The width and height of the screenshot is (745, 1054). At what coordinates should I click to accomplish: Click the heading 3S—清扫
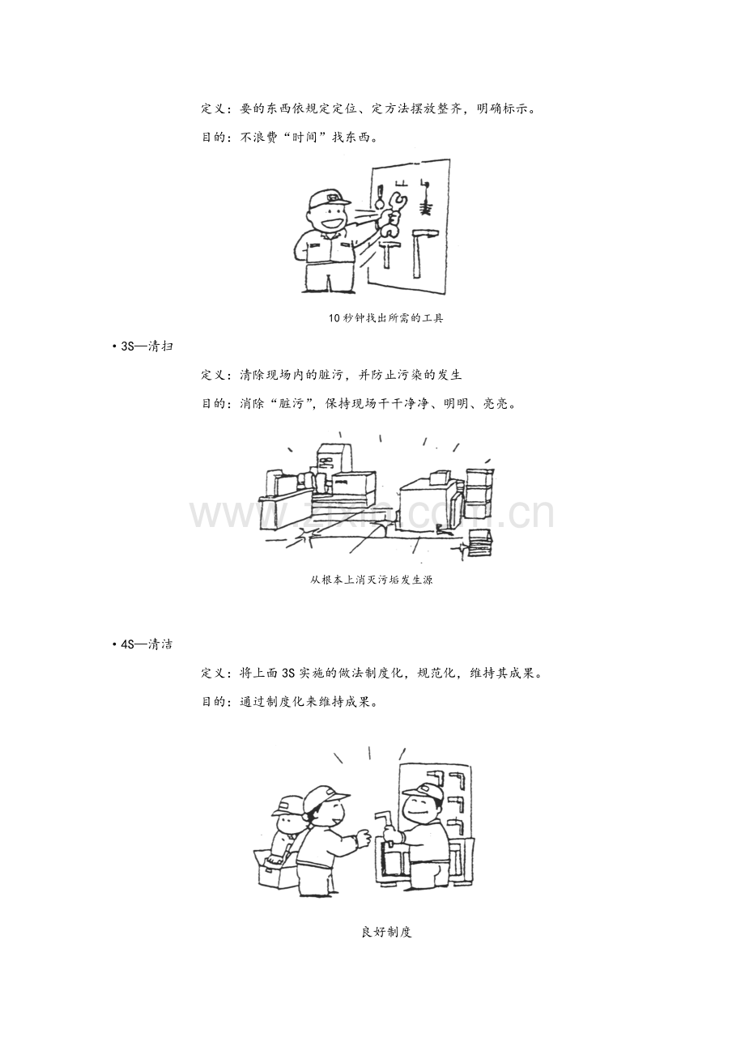coord(143,346)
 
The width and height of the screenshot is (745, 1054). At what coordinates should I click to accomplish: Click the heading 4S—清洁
coord(143,644)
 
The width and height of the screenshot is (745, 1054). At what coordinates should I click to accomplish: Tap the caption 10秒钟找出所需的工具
coord(386,318)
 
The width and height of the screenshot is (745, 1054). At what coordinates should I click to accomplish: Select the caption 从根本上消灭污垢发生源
coord(372,580)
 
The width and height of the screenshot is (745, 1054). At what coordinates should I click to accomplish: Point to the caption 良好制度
coord(387,932)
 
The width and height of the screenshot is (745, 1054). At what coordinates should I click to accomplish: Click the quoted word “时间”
coord(305,138)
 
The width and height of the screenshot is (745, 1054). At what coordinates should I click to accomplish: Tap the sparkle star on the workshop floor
coord(304,536)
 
